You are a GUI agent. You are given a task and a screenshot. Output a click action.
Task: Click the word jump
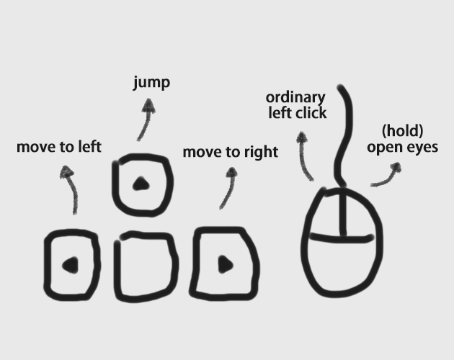pos(151,83)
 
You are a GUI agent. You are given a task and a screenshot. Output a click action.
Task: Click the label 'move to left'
pos(59,148)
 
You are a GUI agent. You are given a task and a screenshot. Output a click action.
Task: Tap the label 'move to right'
pos(230,152)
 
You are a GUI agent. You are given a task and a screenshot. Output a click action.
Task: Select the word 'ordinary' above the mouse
pos(295,97)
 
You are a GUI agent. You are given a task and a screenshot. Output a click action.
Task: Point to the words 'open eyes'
pos(402,148)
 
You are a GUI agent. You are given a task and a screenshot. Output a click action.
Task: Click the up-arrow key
pos(141,184)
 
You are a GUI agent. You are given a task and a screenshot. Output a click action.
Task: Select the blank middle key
pos(146,266)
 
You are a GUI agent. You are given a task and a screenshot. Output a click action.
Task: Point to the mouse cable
pos(343,137)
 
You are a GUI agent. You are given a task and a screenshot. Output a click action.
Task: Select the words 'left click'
pos(297,113)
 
